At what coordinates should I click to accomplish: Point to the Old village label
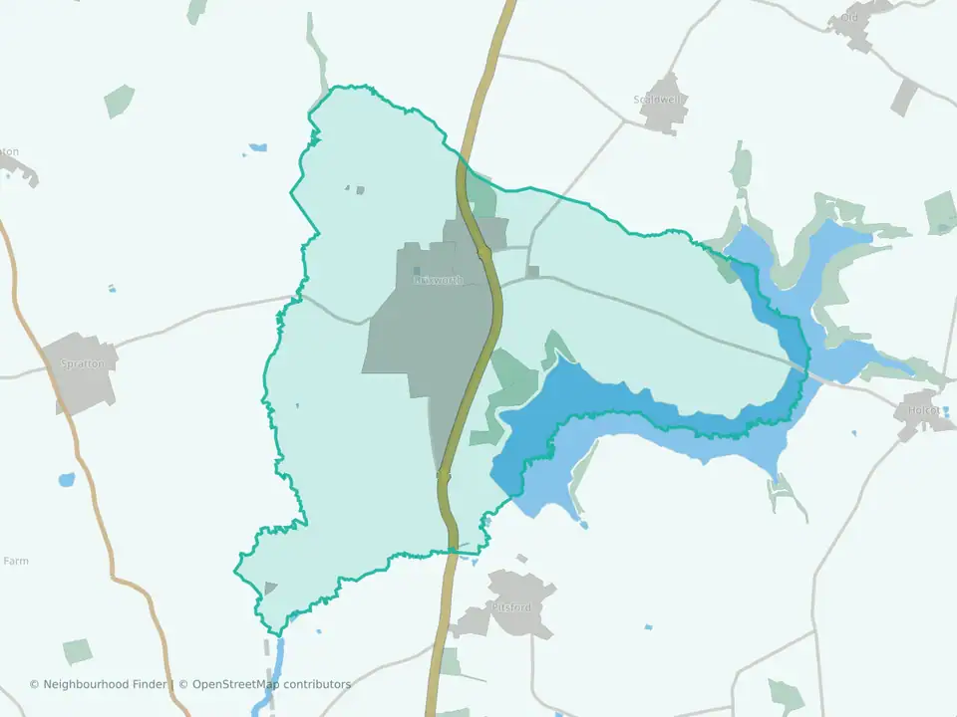tap(849, 17)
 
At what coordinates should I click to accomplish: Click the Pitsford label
tap(512, 605)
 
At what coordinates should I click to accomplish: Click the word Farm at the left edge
tap(16, 561)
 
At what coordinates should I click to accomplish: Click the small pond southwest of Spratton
tap(67, 479)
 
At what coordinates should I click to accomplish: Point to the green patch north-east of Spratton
tap(119, 100)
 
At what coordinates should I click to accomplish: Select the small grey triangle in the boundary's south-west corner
tap(270, 588)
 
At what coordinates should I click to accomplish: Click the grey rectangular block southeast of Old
tap(904, 97)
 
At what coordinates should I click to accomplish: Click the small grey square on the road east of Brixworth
tap(533, 271)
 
